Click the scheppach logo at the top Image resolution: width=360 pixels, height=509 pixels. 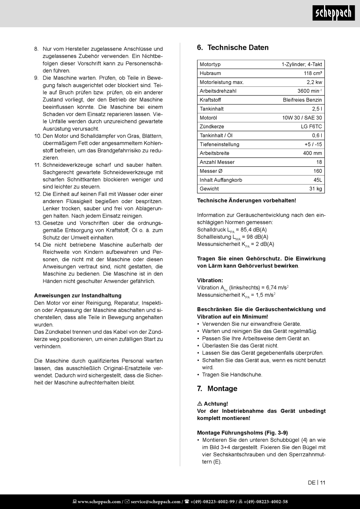[x=333, y=13]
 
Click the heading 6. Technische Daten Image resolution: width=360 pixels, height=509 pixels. [x=233, y=47]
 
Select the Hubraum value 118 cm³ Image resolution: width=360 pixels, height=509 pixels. [x=313, y=73]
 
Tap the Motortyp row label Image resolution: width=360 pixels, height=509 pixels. [x=210, y=64]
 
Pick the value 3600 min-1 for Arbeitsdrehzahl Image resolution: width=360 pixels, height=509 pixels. [x=309, y=91]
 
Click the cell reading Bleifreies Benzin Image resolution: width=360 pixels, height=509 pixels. [x=302, y=100]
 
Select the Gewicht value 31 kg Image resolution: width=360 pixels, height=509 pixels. [x=315, y=189]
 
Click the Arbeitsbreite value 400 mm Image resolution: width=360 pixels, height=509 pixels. [x=312, y=153]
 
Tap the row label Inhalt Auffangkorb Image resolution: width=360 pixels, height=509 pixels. [x=221, y=180]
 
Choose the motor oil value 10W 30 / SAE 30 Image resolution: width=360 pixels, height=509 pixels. [x=302, y=118]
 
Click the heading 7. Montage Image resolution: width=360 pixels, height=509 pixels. [x=217, y=388]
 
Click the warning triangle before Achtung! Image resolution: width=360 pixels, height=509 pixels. [x=200, y=404]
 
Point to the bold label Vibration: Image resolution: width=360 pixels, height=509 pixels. [x=210, y=280]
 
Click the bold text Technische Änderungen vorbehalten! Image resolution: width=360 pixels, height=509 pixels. [x=246, y=200]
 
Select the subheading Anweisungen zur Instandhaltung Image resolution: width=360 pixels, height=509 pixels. [x=78, y=296]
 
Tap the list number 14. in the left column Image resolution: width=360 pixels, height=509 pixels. [x=38, y=245]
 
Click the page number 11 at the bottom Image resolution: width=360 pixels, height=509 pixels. [x=322, y=482]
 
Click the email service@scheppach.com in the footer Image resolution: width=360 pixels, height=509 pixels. [x=155, y=502]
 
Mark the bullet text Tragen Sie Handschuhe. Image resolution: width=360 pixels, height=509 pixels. [x=232, y=375]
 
